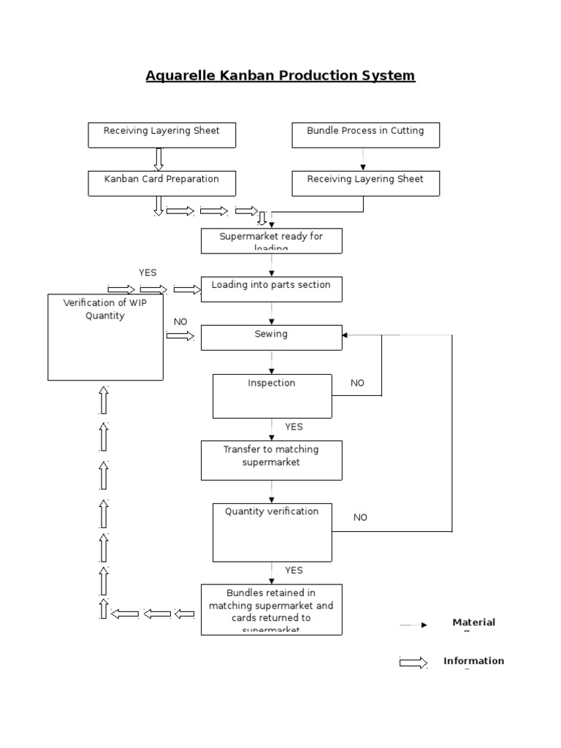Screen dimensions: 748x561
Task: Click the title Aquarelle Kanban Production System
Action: pos(280,75)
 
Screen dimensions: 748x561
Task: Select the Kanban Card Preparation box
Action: pos(161,183)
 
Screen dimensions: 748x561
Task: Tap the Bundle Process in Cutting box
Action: pos(365,136)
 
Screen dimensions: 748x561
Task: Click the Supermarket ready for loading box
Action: pos(271,241)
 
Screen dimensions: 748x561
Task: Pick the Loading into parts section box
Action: pos(271,289)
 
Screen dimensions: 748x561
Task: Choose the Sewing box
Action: pos(271,337)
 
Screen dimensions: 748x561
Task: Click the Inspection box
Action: pos(272,396)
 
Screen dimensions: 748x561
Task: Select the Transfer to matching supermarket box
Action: pos(271,459)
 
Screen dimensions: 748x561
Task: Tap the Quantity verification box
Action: pos(272,531)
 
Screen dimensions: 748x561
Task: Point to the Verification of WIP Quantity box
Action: pos(105,337)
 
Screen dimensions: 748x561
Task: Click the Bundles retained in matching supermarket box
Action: pos(271,608)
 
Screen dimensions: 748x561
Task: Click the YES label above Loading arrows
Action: pos(148,272)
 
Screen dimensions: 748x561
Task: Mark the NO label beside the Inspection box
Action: pos(357,383)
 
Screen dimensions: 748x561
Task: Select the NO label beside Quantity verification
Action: pos(361,517)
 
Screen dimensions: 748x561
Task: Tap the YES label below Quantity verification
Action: pos(294,570)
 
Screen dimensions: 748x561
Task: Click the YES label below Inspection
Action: pos(294,427)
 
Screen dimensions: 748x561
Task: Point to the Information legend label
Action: pos(473,661)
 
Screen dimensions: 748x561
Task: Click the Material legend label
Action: pos(473,622)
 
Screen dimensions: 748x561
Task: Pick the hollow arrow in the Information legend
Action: pos(413,663)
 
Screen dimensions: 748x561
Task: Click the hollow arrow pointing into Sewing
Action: pos(180,335)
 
